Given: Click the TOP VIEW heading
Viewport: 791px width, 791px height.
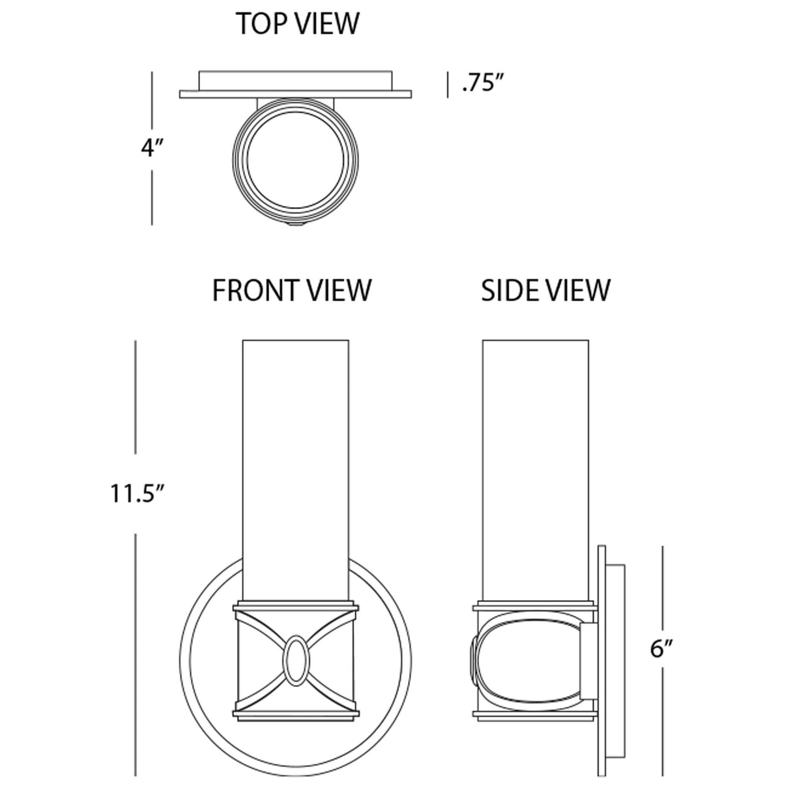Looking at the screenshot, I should (x=297, y=23).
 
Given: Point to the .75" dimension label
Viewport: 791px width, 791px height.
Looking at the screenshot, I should (x=483, y=84).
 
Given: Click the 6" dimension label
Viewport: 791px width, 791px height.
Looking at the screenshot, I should (x=661, y=649).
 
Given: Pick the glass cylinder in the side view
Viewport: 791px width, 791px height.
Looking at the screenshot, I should (x=535, y=456).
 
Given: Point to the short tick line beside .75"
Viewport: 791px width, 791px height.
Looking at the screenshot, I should (x=448, y=85).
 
